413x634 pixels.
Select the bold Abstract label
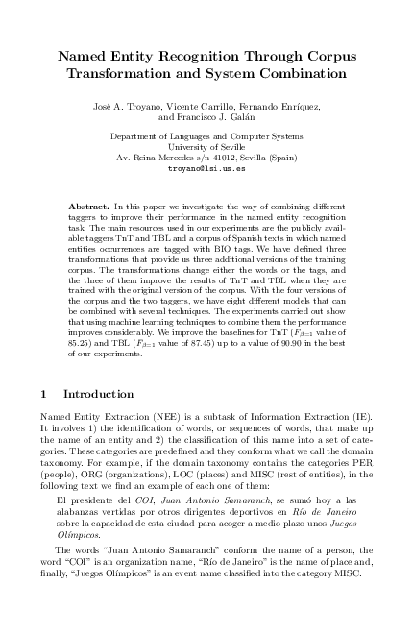click(x=89, y=206)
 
